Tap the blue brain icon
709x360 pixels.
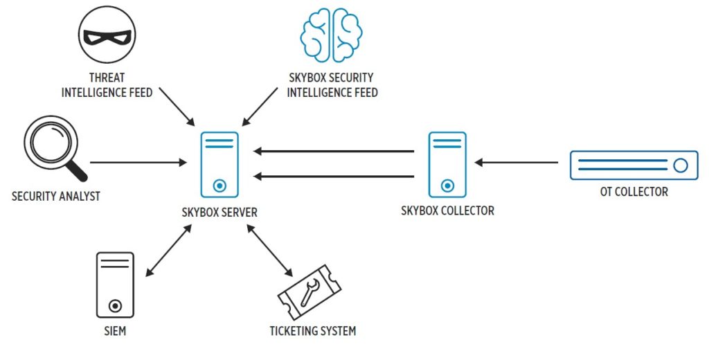pos(332,35)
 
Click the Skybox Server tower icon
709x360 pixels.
pos(219,165)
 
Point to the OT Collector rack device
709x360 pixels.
pos(634,165)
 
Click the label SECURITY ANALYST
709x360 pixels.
pos(56,196)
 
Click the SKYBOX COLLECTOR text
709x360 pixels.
pos(447,210)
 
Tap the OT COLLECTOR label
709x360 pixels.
pos(634,192)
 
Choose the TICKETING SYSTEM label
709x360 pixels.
pos(312,331)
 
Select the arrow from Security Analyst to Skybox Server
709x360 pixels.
pos(138,163)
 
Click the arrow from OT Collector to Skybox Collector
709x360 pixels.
pos(516,163)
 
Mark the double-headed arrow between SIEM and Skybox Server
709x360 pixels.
pos(168,251)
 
